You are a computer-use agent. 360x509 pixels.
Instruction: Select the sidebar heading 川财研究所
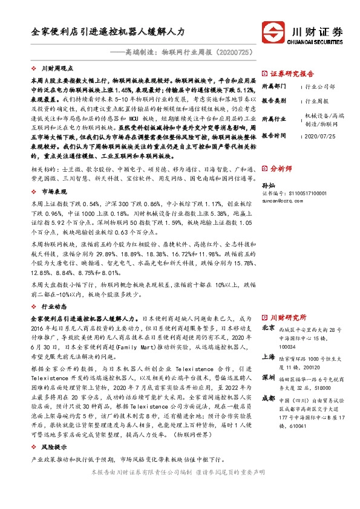pyautogui.click(x=288, y=317)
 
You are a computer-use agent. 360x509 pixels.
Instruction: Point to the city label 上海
pyautogui.click(x=268, y=357)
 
